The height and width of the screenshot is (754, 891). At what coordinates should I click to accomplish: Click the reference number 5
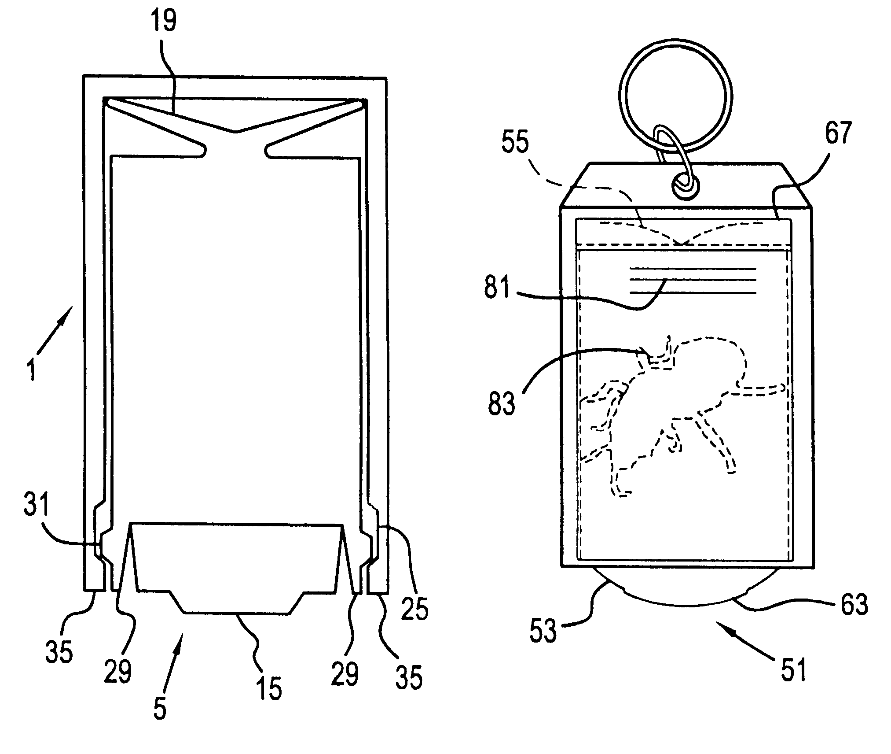pos(160,708)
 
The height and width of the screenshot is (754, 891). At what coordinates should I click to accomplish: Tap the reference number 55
pos(516,143)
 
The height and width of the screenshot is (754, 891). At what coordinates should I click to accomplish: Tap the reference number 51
pos(793,669)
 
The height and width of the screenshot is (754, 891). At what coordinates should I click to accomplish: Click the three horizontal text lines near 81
pos(693,281)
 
